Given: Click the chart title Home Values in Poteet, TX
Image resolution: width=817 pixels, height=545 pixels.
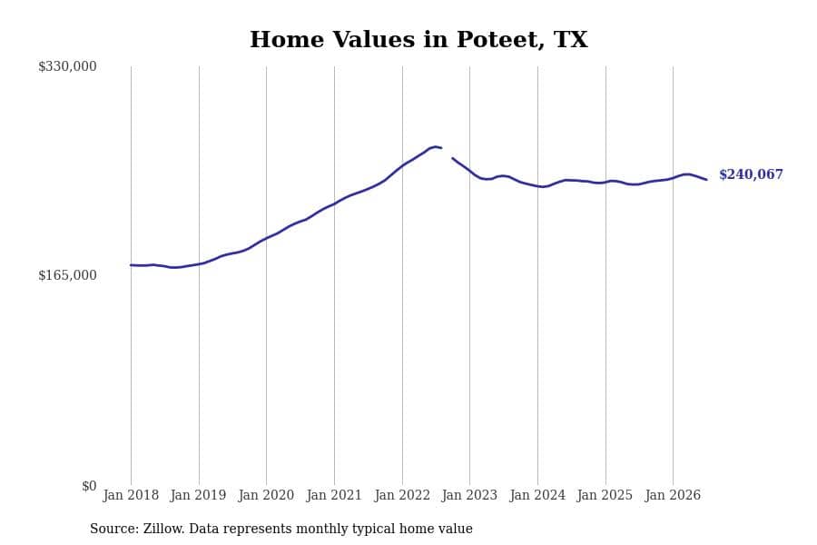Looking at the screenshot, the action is (418, 40).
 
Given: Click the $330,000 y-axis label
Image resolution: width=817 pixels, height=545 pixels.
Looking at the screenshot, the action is (67, 66).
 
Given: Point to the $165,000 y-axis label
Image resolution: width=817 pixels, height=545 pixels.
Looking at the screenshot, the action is (67, 275).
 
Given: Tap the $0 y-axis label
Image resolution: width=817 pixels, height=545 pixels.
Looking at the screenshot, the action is (89, 486).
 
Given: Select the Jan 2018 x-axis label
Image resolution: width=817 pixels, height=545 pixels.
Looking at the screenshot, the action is (131, 495).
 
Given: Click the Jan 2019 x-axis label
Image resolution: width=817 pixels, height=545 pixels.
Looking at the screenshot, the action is (198, 495).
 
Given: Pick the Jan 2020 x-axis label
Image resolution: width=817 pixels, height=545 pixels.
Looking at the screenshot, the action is (266, 495).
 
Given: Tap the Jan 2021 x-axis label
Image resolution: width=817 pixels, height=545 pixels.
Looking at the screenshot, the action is (334, 495).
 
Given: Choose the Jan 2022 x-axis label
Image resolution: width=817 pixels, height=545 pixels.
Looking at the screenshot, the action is (402, 495).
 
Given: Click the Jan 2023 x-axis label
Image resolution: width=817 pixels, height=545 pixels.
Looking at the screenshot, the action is (469, 495).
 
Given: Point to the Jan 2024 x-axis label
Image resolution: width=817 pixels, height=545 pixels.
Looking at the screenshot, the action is (537, 495).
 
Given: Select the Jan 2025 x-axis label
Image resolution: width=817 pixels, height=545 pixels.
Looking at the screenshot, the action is (605, 495).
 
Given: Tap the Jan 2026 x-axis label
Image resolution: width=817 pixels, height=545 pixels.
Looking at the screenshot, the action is (673, 495).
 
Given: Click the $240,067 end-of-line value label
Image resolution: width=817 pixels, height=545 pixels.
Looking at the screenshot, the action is (751, 174).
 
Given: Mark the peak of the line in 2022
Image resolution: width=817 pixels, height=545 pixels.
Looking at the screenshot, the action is (435, 146).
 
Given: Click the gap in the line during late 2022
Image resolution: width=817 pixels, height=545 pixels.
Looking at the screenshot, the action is (447, 153).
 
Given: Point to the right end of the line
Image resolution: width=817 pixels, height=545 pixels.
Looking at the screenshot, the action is (706, 180).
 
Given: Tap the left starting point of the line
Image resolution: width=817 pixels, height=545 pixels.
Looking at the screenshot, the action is (131, 265).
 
